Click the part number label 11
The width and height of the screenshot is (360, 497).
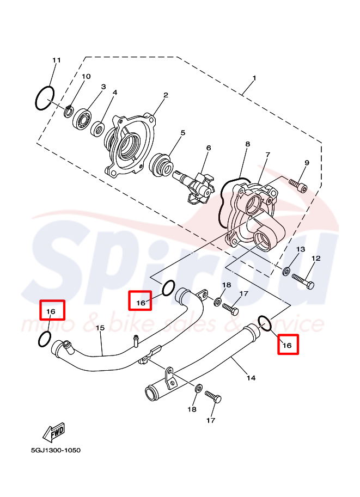[x=57, y=60]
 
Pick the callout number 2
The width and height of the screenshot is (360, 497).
[x=166, y=95]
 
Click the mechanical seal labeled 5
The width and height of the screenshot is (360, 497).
[x=161, y=165]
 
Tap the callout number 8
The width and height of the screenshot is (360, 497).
[x=248, y=144]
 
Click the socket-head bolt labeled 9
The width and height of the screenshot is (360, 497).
[x=298, y=186]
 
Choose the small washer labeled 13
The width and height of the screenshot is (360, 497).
[x=286, y=271]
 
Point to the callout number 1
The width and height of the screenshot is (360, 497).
[x=254, y=78]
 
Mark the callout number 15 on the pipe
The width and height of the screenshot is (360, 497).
[x=100, y=328]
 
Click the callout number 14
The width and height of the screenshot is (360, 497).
[x=251, y=378]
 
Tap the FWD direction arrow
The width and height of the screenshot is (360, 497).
[x=54, y=432]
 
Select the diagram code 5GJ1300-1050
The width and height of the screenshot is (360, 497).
[x=56, y=450]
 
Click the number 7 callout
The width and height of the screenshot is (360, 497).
[x=268, y=155]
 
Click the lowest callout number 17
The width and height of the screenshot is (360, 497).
[x=211, y=420]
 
